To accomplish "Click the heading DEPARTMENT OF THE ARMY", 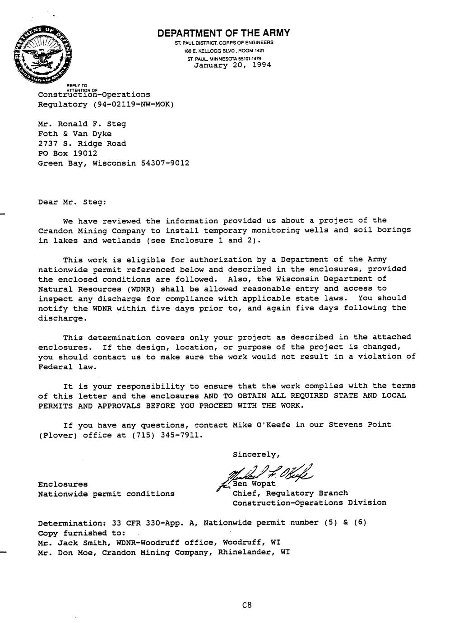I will point(223,33).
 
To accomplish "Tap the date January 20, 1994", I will point(232,65).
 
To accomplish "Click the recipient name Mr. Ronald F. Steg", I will point(82,124).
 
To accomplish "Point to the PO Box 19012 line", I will point(68,153).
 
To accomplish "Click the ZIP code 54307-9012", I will point(165,163).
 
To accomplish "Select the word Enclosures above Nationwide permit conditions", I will point(63,484).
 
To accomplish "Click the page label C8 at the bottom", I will point(246,605).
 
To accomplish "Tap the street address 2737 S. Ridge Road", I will point(82,144).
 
